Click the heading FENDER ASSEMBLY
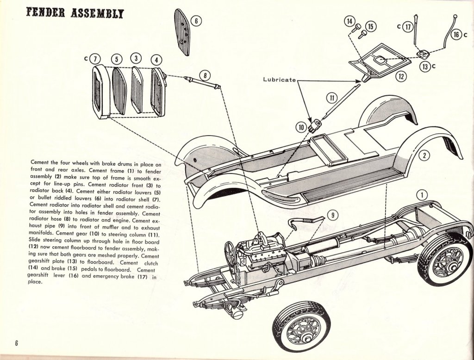75,12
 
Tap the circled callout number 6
195,21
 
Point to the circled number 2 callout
425,156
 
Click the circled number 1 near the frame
421,195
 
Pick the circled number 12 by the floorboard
401,76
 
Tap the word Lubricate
279,79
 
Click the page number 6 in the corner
16,343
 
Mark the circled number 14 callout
349,21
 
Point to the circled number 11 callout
331,98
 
